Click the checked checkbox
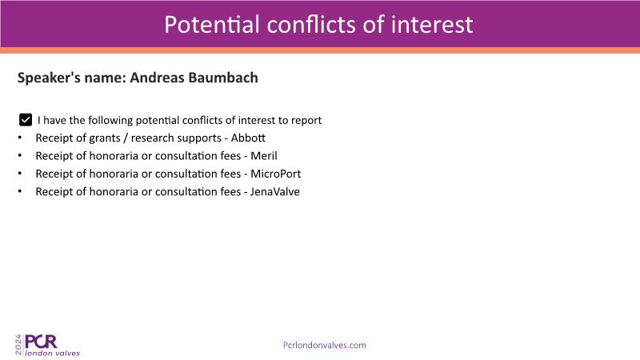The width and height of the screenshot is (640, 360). pos(26,120)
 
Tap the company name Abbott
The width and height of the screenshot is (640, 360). pos(248,138)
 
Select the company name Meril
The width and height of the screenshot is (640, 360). pos(264,156)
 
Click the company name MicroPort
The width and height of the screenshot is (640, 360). pos(275,174)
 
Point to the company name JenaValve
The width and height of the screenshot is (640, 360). pos(274,192)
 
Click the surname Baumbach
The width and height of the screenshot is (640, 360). pos(223,78)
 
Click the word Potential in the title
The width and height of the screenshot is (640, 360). pos(212,25)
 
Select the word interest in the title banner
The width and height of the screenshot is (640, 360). pos(432,25)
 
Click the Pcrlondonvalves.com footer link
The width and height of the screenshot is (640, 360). pos(325,346)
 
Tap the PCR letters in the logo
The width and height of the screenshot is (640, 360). pos(41,342)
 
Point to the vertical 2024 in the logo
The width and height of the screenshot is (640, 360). pos(18,345)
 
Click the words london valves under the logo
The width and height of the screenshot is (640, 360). pos(53,353)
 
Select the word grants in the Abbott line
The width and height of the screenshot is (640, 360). pos(105,138)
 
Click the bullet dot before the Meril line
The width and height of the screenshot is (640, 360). pos(19,155)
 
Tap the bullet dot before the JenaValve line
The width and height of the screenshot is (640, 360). pos(19,191)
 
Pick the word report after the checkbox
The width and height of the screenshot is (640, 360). pos(306,121)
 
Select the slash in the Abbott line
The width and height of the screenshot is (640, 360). pos(126,138)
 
